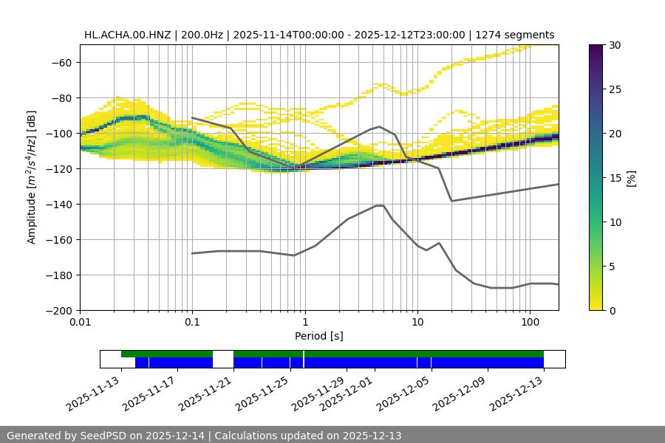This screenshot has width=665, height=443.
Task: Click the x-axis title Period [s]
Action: (319, 336)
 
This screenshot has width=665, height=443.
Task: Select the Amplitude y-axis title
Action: (32, 177)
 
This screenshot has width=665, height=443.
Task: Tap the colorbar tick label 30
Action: (615, 45)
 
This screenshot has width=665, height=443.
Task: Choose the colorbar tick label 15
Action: (615, 177)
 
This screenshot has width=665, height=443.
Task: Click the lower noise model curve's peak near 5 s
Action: (380, 205)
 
